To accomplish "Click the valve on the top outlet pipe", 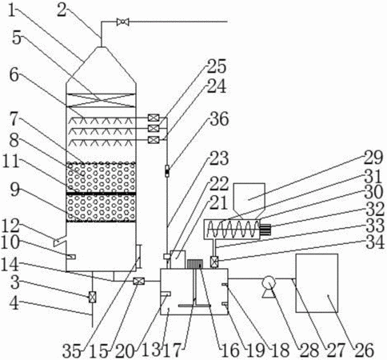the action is click(123, 22).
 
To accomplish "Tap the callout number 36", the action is click(219, 119).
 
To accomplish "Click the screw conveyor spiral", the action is click(233, 229).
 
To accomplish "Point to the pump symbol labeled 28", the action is click(269, 286).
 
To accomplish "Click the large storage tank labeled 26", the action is click(317, 283).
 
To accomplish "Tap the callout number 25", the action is click(217, 66).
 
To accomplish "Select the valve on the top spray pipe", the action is click(154, 118).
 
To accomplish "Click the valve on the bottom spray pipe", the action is click(154, 140).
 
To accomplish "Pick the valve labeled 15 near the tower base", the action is click(138, 281).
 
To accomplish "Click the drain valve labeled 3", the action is click(92, 297).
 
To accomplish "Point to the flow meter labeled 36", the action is click(167, 171).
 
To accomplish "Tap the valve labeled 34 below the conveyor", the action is click(214, 262).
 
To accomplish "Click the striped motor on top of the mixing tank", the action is click(195, 264).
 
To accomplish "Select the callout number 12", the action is click(11, 226).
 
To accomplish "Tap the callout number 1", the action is click(12, 10).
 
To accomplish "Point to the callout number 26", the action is click(364, 350).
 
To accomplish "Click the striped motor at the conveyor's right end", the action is click(265, 230).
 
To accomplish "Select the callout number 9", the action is click(15, 191).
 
